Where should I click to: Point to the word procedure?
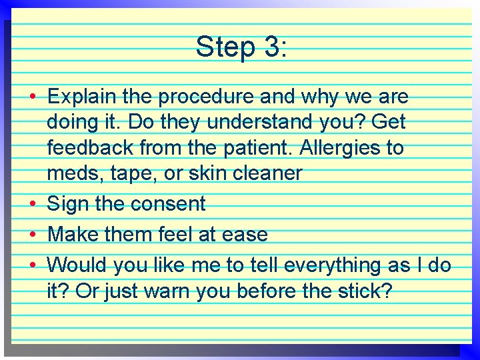pos(209,97)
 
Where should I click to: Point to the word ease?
pos(244,235)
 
